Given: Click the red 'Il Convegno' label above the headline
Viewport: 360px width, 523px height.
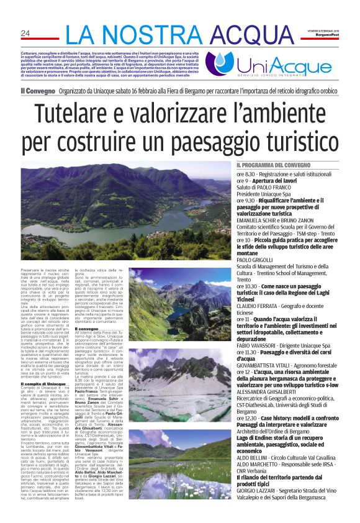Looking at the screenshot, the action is click(x=38, y=91).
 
